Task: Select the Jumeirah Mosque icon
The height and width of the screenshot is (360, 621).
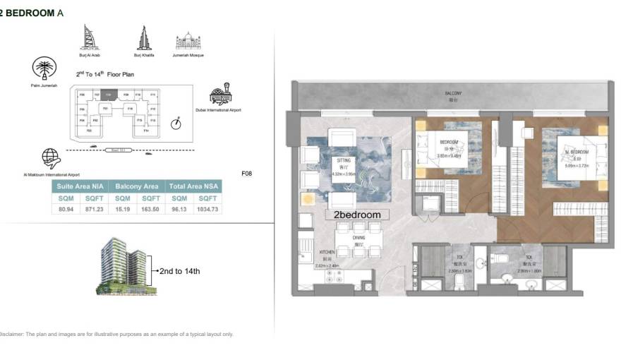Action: point(188,40)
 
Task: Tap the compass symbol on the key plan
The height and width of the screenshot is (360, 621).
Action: point(176,124)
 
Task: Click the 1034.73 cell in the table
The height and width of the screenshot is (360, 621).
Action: point(209,210)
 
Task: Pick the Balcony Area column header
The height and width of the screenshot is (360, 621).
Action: point(137,186)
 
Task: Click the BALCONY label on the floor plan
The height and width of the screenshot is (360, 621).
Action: point(453,93)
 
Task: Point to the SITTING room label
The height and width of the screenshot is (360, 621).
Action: point(344,161)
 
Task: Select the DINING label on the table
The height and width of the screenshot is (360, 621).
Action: point(360,237)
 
